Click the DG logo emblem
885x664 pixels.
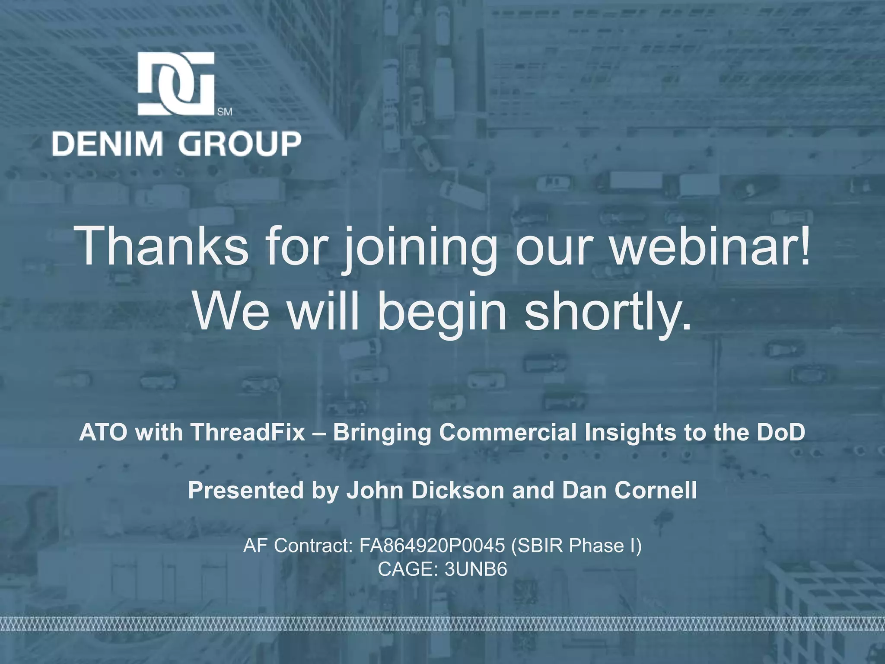pos(176,84)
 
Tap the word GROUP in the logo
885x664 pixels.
pos(240,144)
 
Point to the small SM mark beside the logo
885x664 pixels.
pos(224,112)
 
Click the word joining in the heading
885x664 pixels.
pos(419,249)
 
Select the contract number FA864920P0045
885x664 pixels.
pos(432,546)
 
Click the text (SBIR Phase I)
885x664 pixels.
pos(576,546)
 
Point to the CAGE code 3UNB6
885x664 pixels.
pos(476,569)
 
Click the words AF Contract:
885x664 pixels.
pos(298,546)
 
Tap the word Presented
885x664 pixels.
pos(246,490)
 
